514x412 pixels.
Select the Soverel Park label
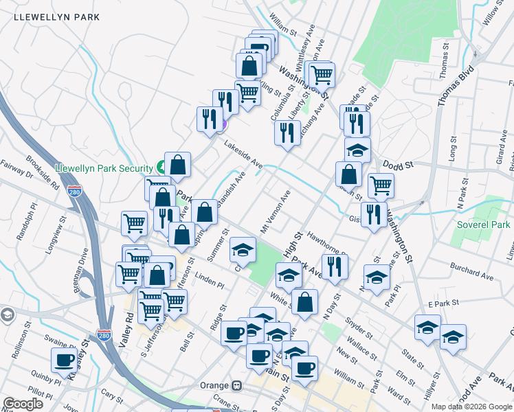(x=484, y=225)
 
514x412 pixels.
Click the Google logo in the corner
(x=23, y=404)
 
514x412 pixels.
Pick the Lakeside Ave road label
(x=243, y=154)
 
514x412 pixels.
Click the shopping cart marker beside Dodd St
(x=380, y=184)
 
